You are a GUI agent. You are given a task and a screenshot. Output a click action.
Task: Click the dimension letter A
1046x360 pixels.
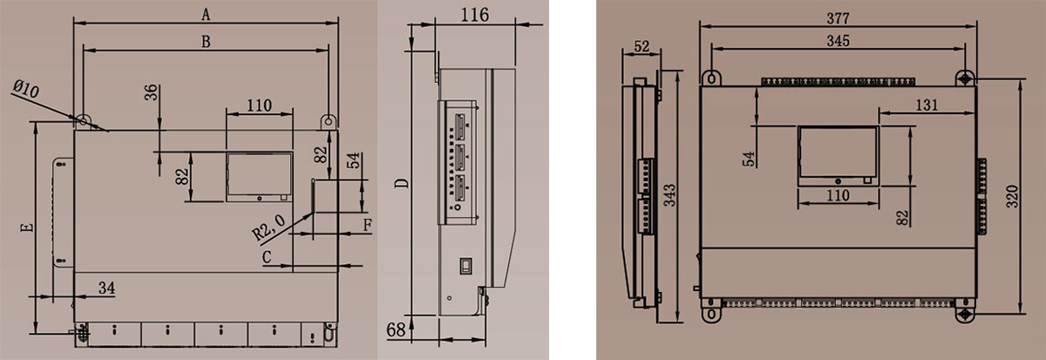(206, 15)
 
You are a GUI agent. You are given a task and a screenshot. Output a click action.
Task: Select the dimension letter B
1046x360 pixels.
(206, 42)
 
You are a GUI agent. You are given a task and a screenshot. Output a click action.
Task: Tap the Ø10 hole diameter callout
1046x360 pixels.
(26, 89)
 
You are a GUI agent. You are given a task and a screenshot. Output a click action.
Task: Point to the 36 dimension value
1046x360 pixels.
(151, 92)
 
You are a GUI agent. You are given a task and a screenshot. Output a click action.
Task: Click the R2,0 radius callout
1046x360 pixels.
(268, 228)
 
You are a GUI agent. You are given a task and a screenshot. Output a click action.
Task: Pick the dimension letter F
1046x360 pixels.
(368, 225)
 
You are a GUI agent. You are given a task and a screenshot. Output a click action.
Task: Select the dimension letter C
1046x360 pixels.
(267, 257)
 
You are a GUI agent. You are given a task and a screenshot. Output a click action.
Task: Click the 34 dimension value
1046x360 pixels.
(107, 288)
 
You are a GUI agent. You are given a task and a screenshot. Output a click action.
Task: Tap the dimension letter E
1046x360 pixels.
(28, 228)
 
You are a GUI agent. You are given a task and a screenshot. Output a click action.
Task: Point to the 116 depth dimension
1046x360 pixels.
(475, 15)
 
